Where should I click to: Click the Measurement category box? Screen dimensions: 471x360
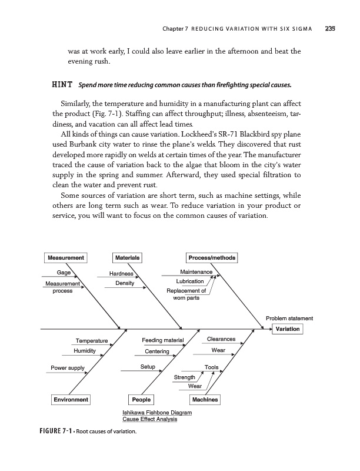point(66,257)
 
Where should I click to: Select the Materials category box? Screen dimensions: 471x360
point(127,257)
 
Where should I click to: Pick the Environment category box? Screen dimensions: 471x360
point(71,400)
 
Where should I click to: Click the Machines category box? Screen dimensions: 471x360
point(205,400)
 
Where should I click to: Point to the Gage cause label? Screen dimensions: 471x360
point(64,273)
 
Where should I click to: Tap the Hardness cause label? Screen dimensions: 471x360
point(121,274)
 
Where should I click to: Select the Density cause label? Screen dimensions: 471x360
point(124,284)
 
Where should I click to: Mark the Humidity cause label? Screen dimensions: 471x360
point(84,350)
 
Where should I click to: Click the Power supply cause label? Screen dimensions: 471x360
point(68,368)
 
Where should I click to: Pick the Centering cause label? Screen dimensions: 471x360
point(156,351)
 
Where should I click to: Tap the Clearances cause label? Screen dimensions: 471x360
point(222,339)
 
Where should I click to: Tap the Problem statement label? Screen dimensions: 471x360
point(289,319)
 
